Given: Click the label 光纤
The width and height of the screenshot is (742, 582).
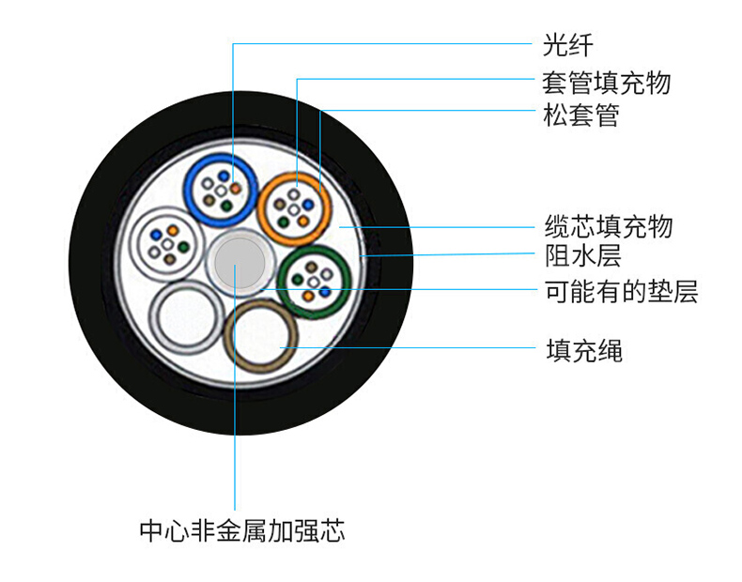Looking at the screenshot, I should click(567, 44).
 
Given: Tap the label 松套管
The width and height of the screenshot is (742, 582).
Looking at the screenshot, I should click(580, 117).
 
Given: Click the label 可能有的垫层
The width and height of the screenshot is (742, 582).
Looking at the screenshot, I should click(621, 292).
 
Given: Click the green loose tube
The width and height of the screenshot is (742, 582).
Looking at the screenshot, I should click(314, 280).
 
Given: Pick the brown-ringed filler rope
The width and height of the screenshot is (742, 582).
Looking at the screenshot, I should click(261, 337).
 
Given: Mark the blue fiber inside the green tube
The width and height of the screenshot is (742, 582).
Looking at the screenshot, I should click(324, 291).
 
